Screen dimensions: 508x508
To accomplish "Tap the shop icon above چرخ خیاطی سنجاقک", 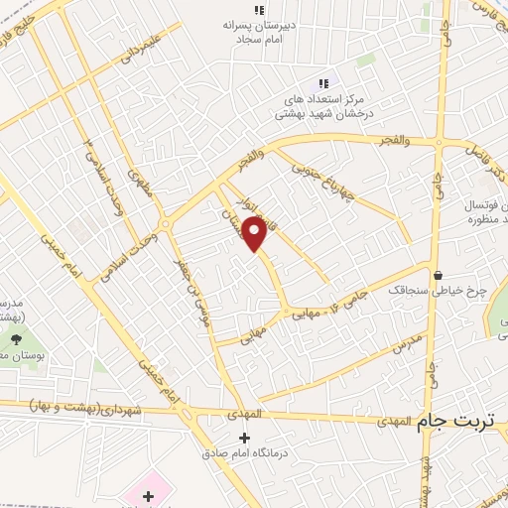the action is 438,276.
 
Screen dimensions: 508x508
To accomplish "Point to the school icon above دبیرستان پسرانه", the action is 259,10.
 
